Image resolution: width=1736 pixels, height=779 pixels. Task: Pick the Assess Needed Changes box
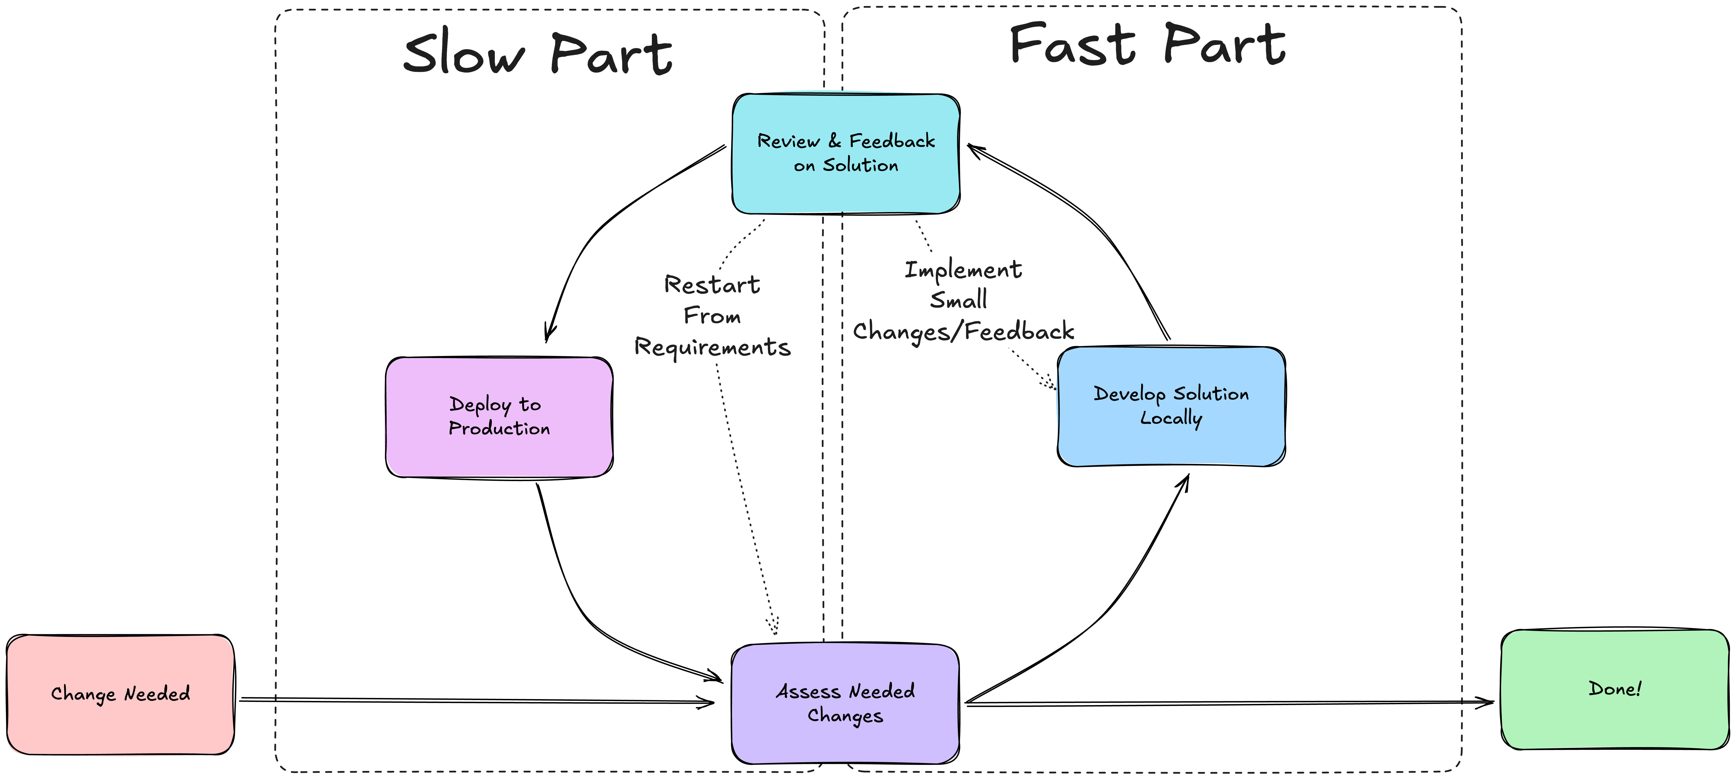(845, 703)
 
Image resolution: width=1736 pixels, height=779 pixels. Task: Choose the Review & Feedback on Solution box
(846, 153)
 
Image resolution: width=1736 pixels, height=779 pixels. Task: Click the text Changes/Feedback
(963, 332)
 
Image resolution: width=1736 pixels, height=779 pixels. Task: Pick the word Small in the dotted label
(958, 300)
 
